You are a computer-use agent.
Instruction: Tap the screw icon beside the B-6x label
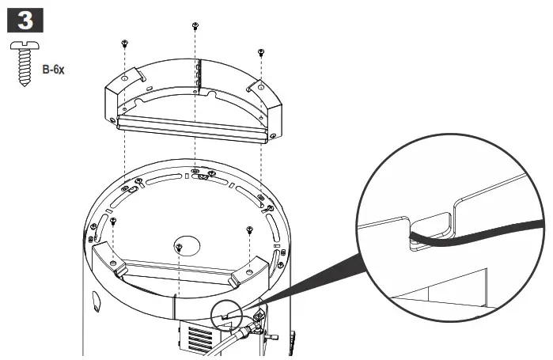click(21, 62)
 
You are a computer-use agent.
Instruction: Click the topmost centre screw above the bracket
click(195, 26)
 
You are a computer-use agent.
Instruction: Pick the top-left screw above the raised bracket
click(124, 43)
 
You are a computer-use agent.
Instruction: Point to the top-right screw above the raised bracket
click(261, 53)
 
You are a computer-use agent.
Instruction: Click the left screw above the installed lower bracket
click(113, 222)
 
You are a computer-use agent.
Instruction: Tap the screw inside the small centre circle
click(180, 248)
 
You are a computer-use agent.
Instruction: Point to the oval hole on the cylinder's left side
click(97, 303)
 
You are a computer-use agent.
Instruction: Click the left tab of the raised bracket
click(135, 77)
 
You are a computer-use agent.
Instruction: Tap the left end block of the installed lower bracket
click(111, 261)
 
